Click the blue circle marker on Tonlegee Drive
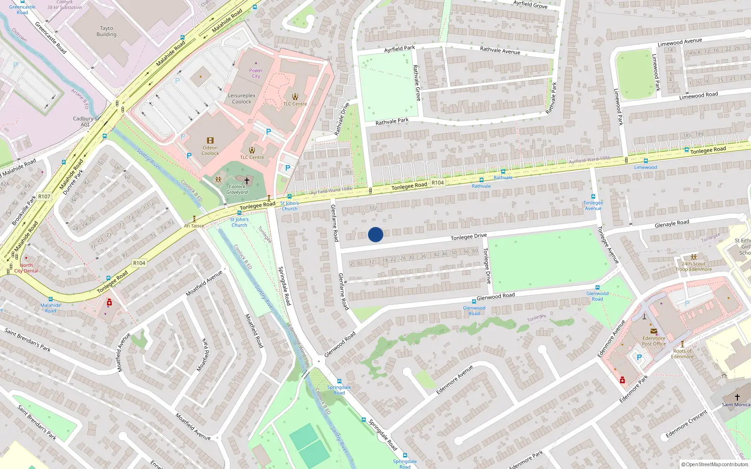[375, 234]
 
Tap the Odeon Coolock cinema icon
[210, 141]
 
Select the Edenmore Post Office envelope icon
[653, 331]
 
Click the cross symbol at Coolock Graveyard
[247, 181]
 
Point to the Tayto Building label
[107, 31]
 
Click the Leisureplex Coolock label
[242, 98]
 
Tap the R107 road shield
[44, 197]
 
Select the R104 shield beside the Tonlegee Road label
[437, 182]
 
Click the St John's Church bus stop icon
[289, 197]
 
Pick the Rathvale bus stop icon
[503, 172]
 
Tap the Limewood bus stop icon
[646, 161]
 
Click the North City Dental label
[26, 268]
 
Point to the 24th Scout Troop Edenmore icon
[694, 257]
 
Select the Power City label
[256, 73]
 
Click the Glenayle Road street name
[672, 223]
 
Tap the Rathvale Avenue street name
[500, 50]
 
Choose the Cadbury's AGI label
[84, 121]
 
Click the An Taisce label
[194, 226]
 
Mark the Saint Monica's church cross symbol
[737, 397]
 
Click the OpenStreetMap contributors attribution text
[715, 464]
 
